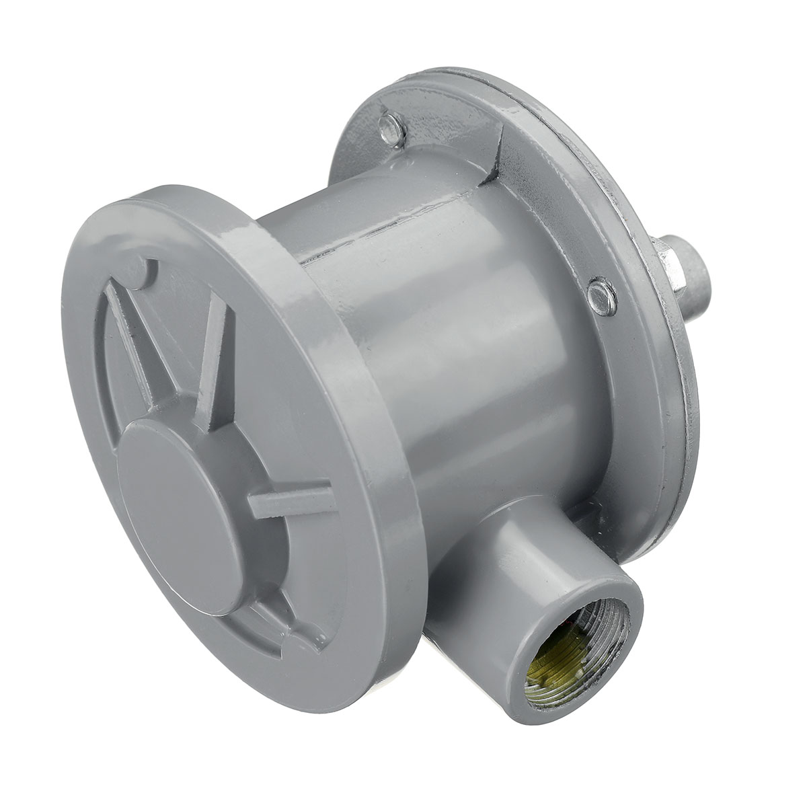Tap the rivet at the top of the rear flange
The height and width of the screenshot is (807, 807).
(389, 125)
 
